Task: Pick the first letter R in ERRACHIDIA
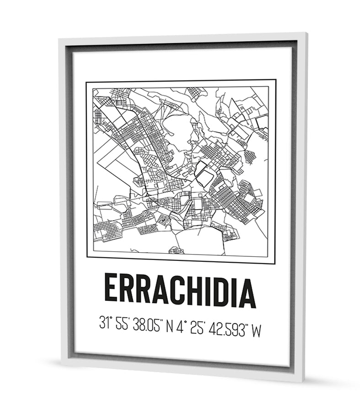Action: (x=128, y=289)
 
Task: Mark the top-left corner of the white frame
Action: (x=60, y=40)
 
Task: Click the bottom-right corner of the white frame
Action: (x=303, y=380)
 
